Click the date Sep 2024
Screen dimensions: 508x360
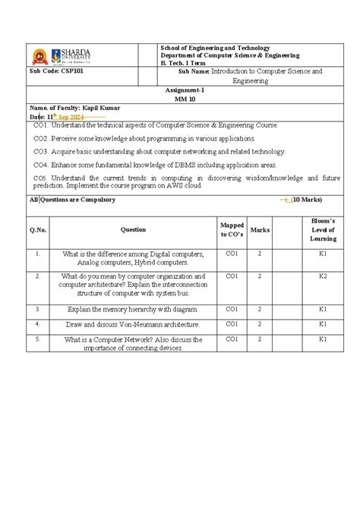[x=69, y=118]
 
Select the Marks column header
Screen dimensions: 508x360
[x=261, y=229]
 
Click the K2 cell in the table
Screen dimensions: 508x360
[x=323, y=276]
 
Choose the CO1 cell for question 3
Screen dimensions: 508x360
[x=232, y=309]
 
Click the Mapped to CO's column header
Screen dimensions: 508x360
[x=232, y=229]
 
